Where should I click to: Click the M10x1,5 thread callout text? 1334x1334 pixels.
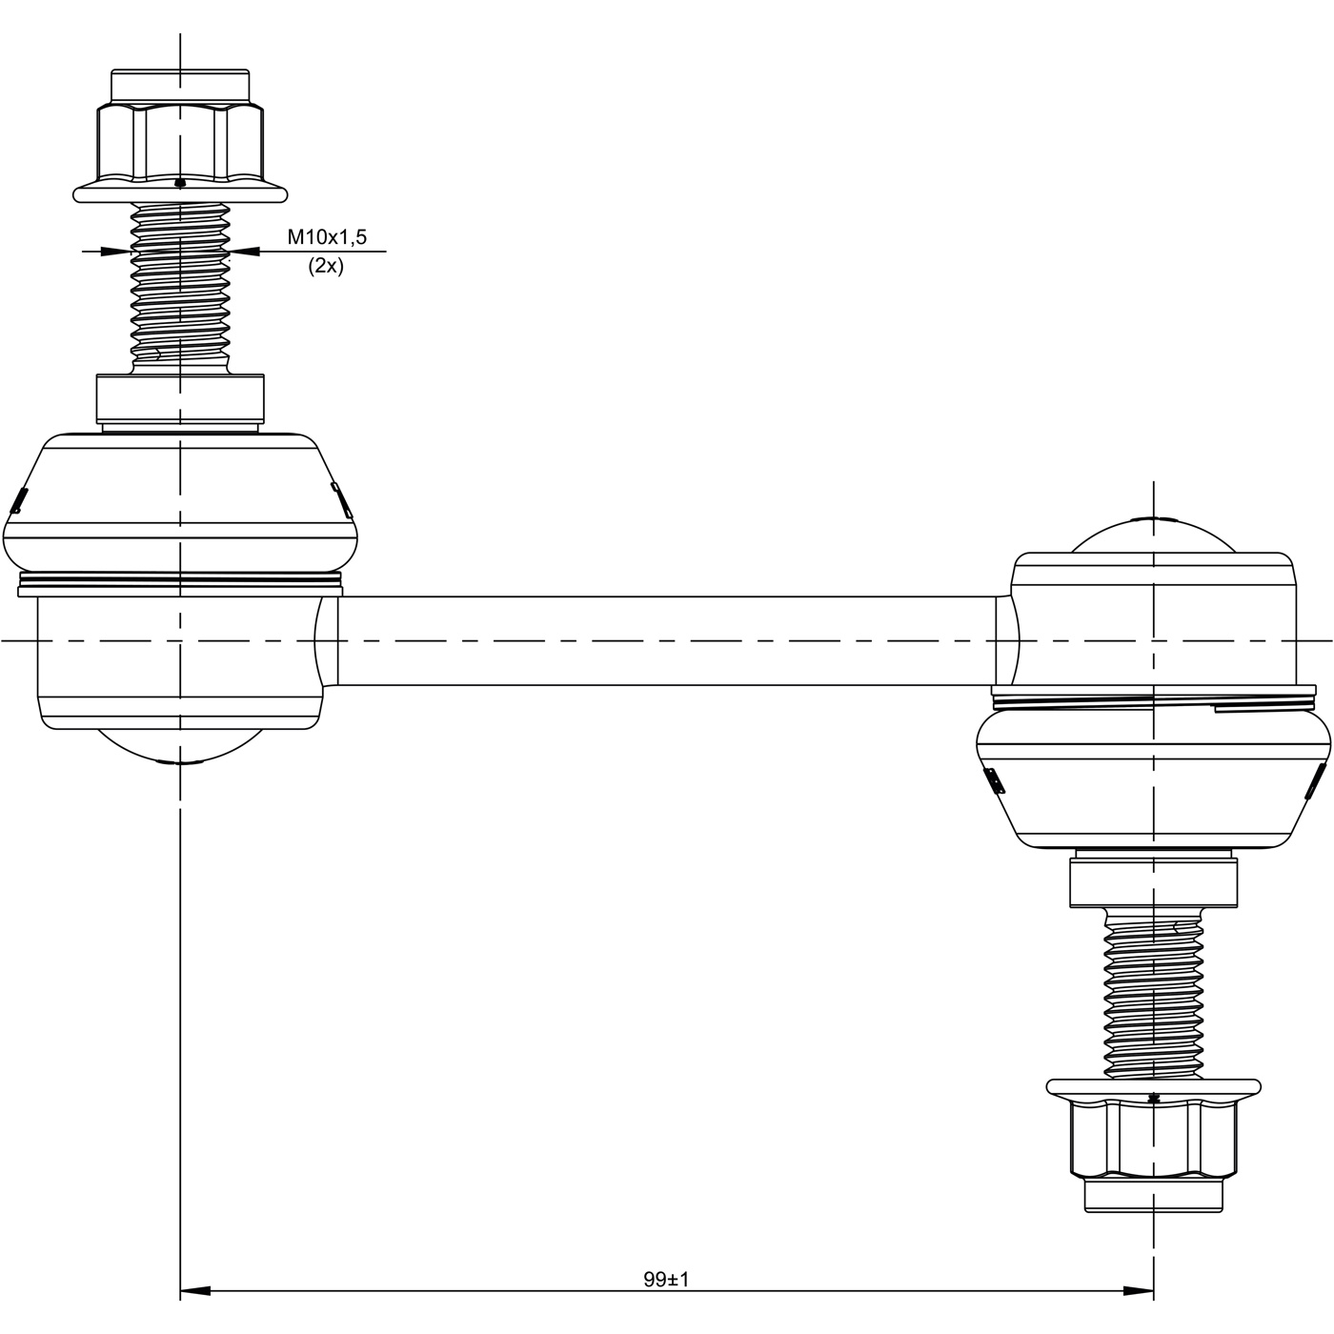pyautogui.click(x=327, y=236)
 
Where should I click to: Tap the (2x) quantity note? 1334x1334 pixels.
pyautogui.click(x=325, y=266)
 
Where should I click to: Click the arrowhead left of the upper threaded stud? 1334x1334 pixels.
pyautogui.click(x=115, y=252)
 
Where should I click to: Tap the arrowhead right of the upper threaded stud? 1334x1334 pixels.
pyautogui.click(x=244, y=252)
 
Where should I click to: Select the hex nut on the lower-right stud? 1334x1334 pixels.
pyautogui.click(x=1153, y=1152)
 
